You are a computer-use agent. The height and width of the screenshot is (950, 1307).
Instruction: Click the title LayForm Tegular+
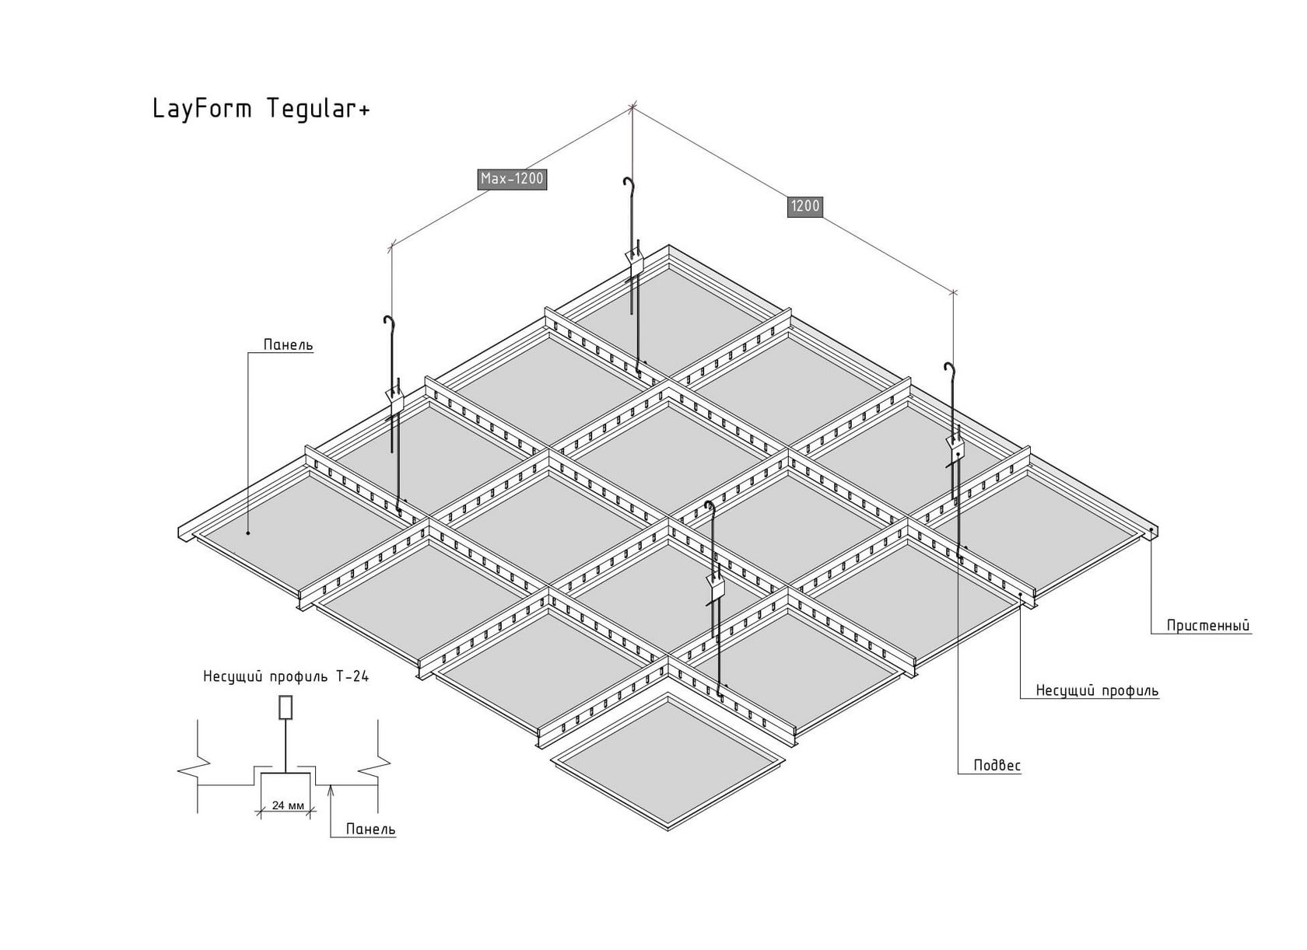click(261, 109)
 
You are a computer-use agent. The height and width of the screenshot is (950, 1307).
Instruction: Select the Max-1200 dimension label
click(512, 179)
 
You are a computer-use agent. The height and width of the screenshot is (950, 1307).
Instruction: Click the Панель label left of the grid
click(288, 344)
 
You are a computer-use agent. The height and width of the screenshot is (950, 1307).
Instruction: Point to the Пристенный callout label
click(1208, 626)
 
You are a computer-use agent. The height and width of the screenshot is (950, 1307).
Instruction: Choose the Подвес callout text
click(997, 765)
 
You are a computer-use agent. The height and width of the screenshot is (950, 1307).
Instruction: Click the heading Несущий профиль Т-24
click(286, 676)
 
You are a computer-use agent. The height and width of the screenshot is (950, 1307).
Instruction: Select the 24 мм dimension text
click(288, 805)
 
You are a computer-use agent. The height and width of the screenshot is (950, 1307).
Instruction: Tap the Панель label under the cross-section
click(370, 829)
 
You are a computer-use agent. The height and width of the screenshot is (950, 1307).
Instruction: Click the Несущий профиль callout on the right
click(1097, 690)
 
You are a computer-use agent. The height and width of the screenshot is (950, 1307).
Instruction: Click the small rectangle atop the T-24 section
click(286, 707)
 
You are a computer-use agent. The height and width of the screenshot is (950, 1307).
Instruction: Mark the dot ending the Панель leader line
click(248, 533)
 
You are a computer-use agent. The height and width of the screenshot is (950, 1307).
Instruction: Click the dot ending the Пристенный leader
click(1151, 530)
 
